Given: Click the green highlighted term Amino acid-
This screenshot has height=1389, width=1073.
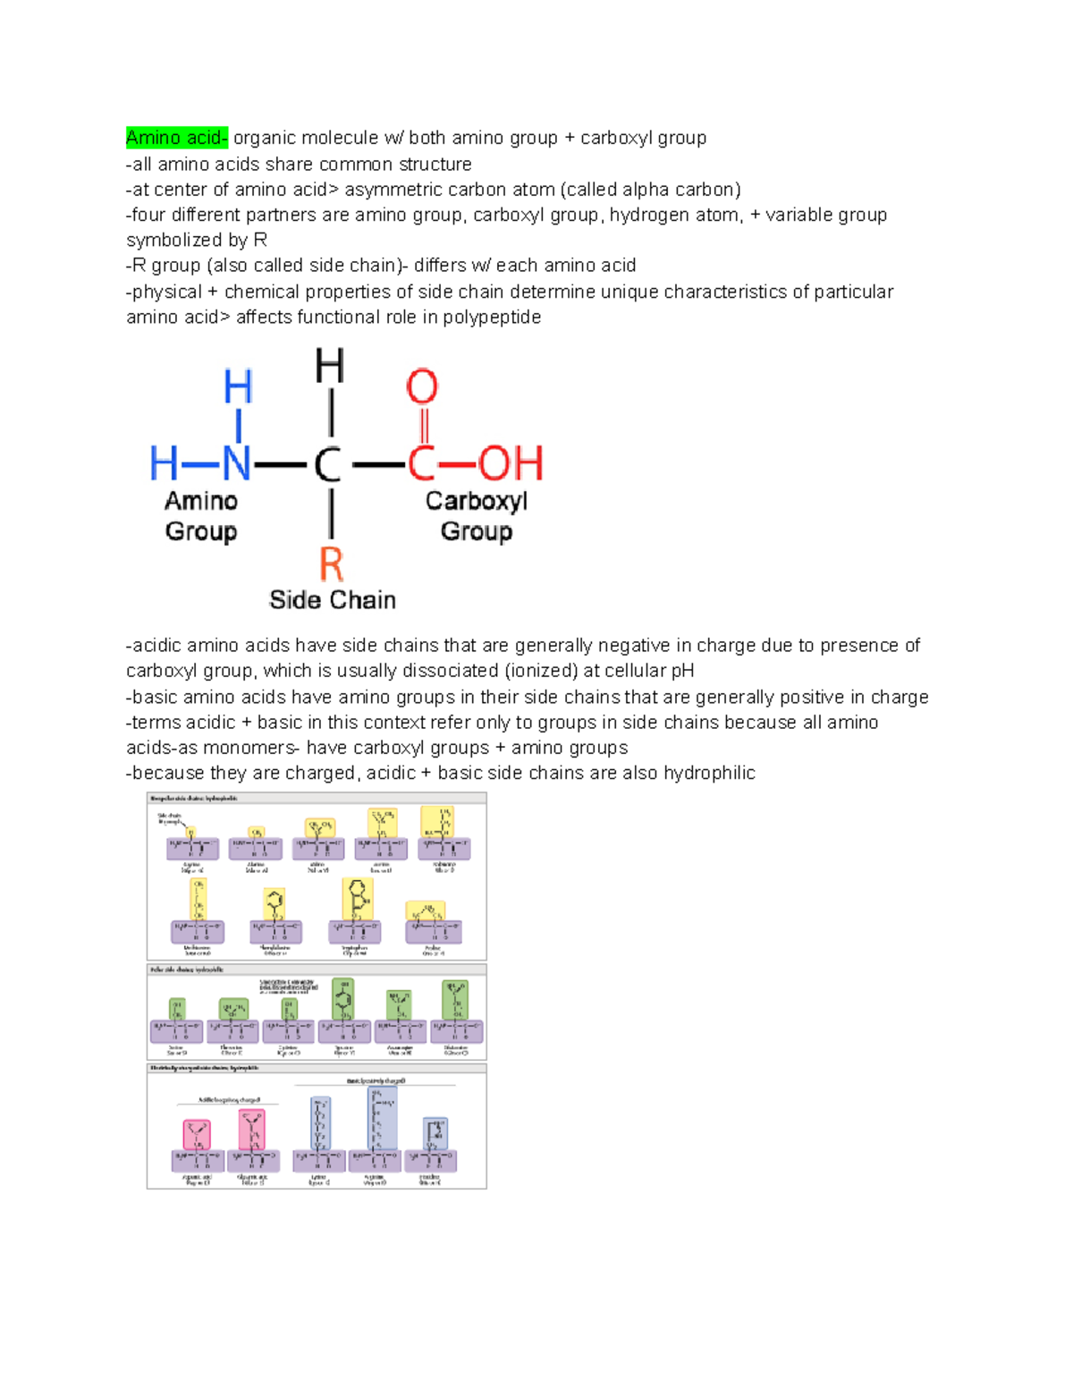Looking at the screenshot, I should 177,138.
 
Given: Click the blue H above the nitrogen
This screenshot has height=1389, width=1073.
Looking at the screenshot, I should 238,387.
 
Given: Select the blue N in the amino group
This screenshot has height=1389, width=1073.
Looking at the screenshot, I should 237,464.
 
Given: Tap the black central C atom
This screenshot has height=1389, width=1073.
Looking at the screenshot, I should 328,465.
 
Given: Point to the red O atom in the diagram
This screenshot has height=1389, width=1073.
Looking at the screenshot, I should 422,387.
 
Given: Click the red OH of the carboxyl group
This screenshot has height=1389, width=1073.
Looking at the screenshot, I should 511,464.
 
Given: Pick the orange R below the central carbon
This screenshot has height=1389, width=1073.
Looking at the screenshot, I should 331,564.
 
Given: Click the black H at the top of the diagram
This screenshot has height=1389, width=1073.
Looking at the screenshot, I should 330,367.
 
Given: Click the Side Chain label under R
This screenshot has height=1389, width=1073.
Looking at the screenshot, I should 333,600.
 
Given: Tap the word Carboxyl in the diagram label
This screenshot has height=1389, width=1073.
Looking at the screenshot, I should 476,501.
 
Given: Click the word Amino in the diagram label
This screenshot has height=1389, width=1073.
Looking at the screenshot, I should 201,501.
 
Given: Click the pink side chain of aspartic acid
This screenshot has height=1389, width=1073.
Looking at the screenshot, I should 197,1134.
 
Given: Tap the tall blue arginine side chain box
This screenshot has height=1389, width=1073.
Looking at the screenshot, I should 382,1118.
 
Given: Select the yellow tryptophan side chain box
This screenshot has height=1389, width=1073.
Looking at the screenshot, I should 357,898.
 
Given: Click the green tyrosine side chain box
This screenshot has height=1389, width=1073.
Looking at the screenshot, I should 342,998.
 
